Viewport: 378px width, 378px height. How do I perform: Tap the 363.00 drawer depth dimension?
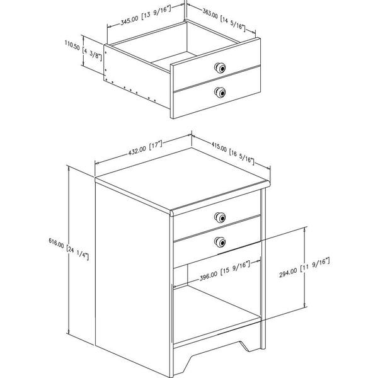point(210,13)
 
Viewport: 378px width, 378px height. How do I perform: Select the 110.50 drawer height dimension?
point(72,45)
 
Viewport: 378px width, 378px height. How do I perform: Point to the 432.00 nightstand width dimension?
point(137,151)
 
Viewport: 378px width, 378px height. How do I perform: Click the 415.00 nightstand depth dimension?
point(219,147)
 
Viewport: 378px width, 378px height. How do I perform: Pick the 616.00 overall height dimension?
point(56,243)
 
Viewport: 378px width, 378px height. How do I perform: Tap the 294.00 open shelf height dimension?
point(288,273)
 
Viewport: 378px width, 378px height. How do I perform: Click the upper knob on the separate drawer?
point(220,68)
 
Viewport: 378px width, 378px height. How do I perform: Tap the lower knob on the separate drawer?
point(220,93)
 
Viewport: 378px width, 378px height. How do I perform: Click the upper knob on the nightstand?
point(220,217)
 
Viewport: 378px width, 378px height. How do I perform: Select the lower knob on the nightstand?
point(220,242)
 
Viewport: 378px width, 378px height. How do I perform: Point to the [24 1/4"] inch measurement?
point(77,253)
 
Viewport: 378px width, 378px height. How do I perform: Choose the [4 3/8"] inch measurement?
point(92,54)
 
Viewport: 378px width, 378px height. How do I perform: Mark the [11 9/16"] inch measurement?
point(315,265)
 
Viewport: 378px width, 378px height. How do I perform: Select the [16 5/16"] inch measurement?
point(242,157)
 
